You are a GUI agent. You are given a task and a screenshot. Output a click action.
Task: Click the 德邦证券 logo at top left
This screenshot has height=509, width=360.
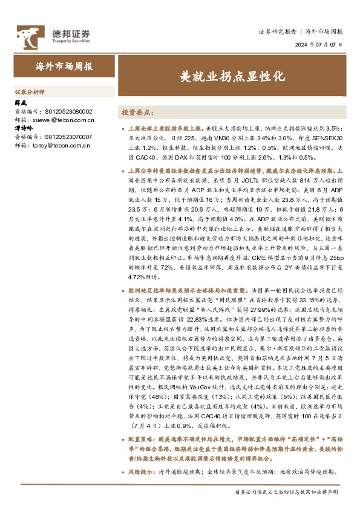[x=53, y=36]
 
